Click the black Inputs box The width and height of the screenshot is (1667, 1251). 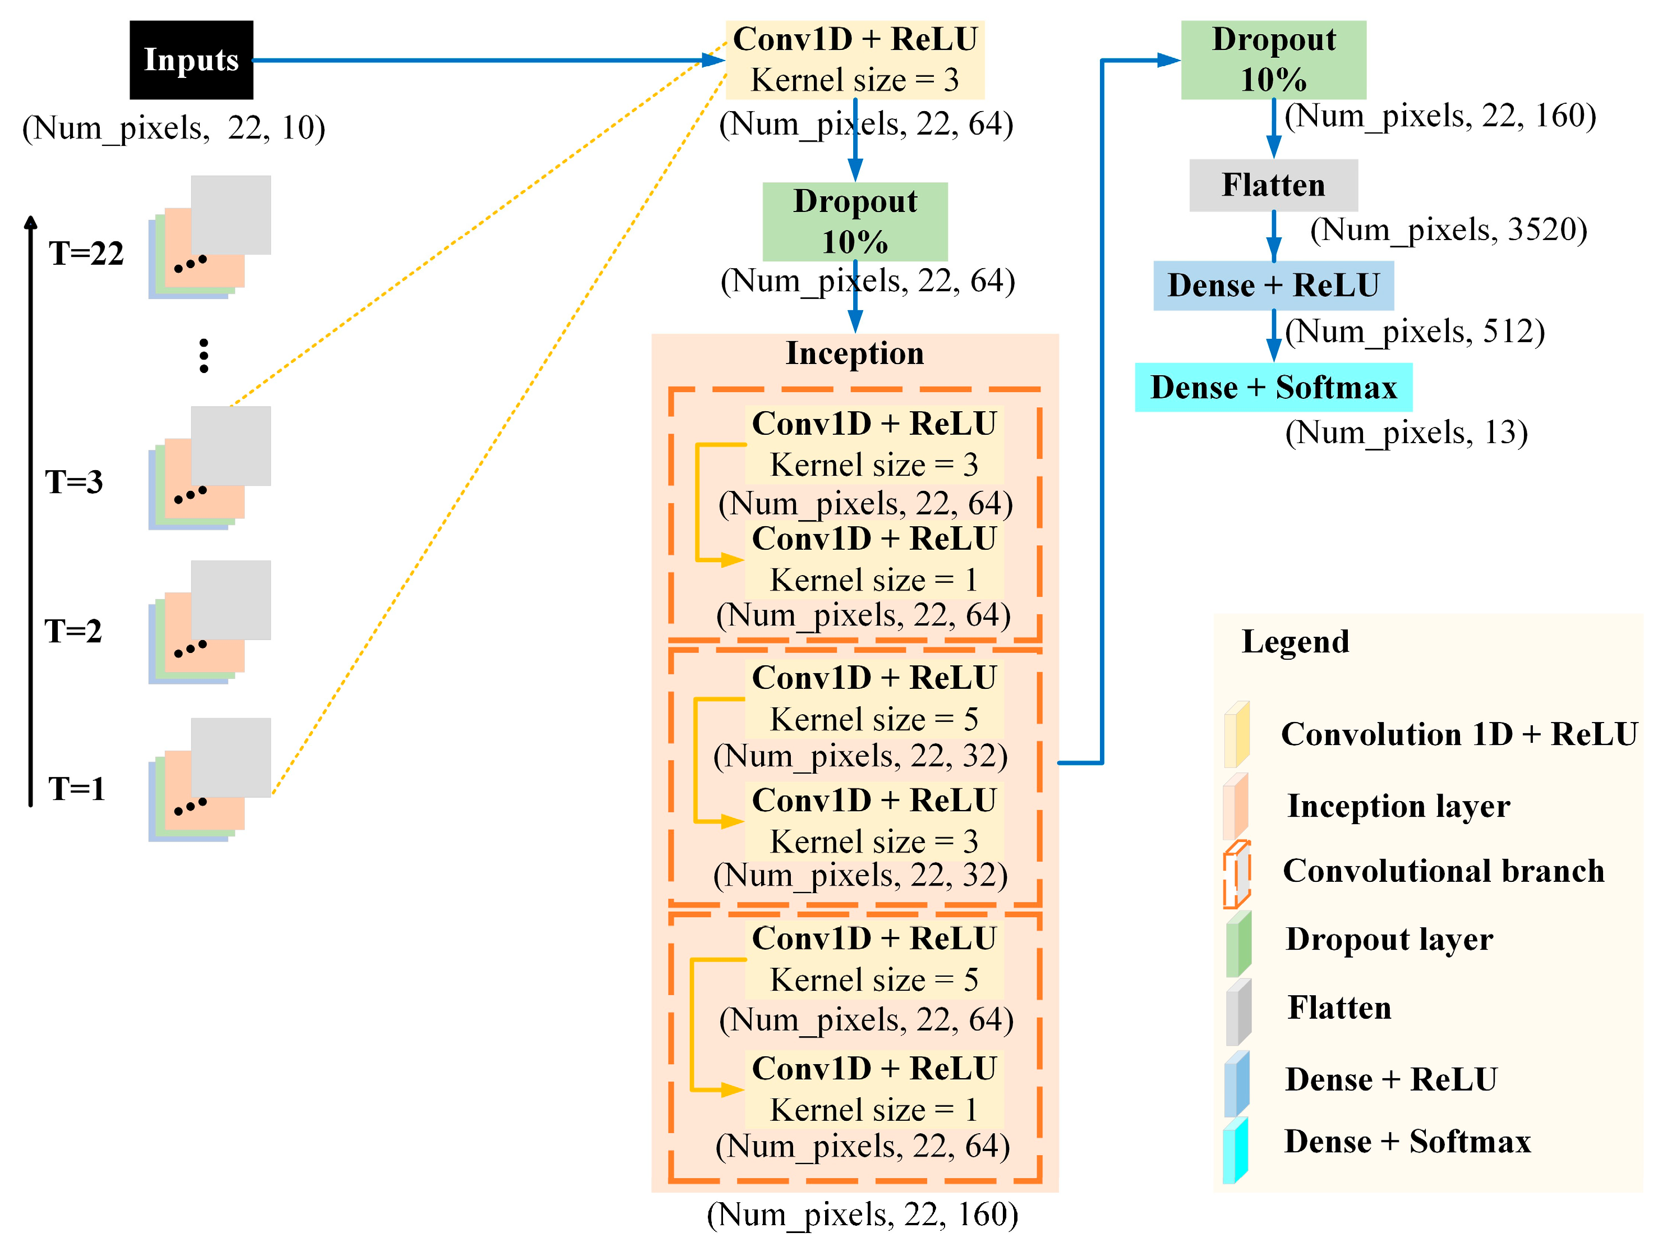tap(191, 59)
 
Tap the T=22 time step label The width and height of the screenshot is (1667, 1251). tap(86, 253)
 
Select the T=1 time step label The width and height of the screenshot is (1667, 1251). tap(77, 789)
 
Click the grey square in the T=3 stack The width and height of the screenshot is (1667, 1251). tap(231, 445)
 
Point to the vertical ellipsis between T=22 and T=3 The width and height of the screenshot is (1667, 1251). tap(204, 356)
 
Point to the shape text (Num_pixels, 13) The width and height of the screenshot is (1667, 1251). tap(1406, 433)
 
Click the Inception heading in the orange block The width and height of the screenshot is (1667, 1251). tap(855, 353)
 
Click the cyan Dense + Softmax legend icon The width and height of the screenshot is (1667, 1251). tap(1236, 1151)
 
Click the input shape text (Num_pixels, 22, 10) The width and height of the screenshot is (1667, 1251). tap(173, 127)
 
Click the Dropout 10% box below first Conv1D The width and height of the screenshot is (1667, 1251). tap(855, 222)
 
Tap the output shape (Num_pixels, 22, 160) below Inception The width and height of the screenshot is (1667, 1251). tap(862, 1215)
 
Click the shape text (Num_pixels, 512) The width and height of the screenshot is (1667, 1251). tap(1415, 331)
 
